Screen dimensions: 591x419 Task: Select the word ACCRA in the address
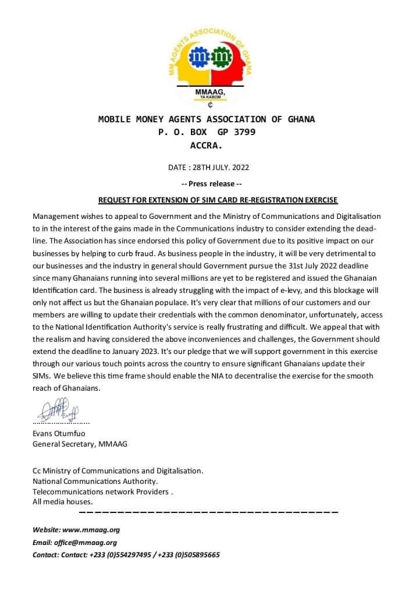[x=207, y=146]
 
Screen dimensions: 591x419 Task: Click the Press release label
[x=208, y=184]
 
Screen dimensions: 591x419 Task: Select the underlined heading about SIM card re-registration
[x=218, y=200]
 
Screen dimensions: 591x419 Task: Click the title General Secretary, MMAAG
[x=80, y=444]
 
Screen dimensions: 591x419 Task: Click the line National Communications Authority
[x=95, y=481]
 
